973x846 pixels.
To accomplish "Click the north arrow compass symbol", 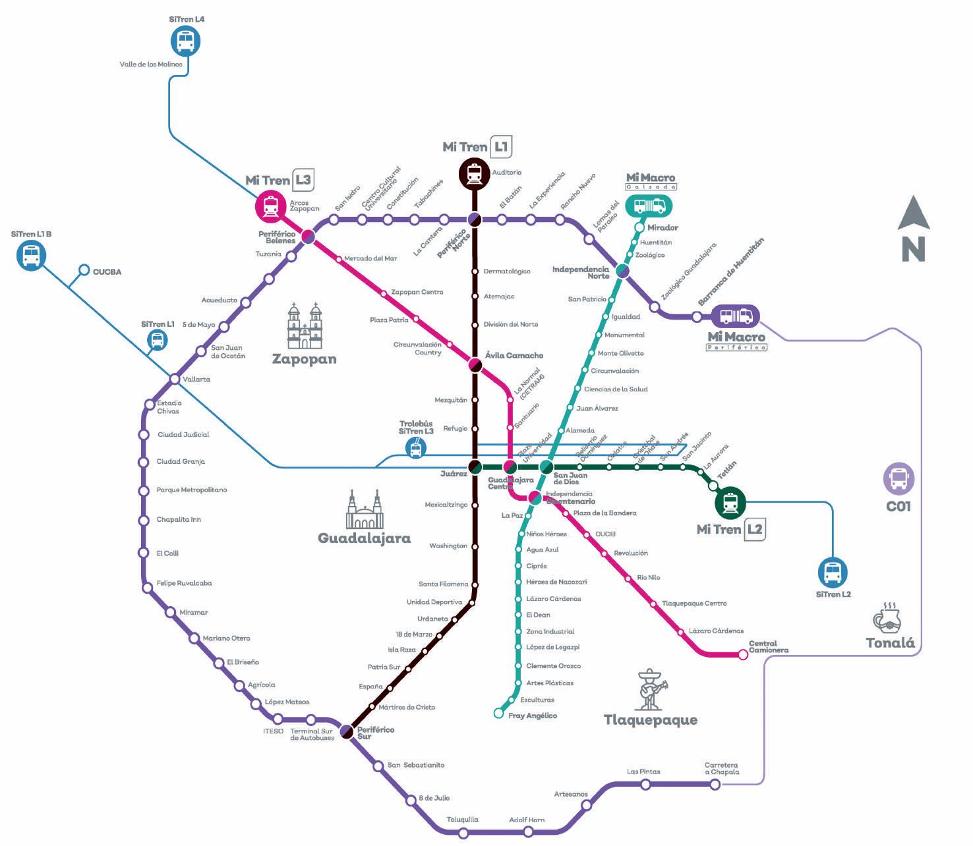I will click(914, 228).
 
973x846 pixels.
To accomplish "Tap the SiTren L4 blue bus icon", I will click(185, 42).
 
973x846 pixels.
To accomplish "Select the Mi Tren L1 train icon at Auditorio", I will click(474, 174).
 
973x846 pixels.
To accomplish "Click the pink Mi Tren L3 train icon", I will click(270, 206).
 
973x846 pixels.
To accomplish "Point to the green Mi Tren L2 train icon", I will click(730, 503).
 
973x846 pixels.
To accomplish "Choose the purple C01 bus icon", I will click(899, 479).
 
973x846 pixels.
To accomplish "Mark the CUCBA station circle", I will click(84, 270).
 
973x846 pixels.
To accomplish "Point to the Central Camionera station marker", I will click(743, 655).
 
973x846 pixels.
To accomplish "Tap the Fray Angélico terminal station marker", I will click(499, 713).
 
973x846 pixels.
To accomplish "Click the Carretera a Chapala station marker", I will click(715, 784).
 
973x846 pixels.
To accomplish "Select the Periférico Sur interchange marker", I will click(347, 731).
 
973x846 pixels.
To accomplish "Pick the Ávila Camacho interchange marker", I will click(475, 364).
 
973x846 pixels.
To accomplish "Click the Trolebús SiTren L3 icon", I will click(415, 448).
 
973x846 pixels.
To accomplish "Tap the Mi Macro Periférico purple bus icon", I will click(736, 316).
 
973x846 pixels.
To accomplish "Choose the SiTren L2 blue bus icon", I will click(833, 573).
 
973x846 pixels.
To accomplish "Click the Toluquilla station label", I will click(463, 820).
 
